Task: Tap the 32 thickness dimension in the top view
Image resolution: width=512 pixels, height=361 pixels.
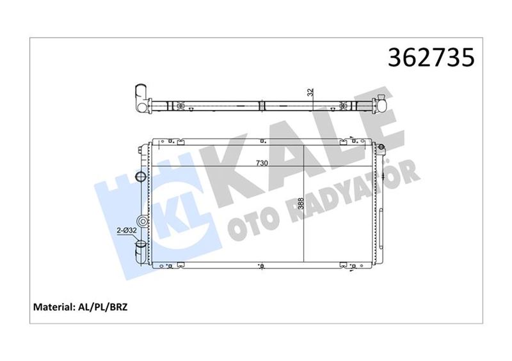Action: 311,93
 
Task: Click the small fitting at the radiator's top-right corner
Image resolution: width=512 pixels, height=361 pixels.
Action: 382,150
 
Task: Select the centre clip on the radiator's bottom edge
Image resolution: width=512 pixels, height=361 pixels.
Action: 262,265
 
